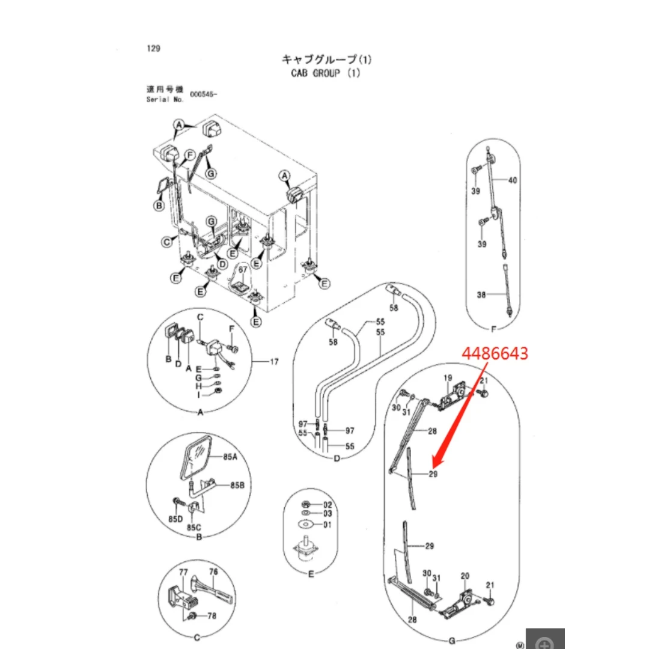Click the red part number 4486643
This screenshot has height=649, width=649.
(495, 353)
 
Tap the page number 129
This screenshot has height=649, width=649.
(153, 49)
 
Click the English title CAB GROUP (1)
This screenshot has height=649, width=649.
(326, 73)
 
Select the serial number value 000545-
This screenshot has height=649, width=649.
(203, 94)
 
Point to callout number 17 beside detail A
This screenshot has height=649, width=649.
(274, 362)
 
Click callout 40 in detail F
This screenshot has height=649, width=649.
(513, 180)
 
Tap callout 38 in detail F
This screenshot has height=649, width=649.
(481, 294)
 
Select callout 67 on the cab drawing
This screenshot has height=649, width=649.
(243, 269)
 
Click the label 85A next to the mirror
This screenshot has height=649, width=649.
(230, 457)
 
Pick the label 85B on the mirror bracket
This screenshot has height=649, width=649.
(237, 485)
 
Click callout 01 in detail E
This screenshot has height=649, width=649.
(328, 525)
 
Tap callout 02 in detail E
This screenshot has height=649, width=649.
(328, 505)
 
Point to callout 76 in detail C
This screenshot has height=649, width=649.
(213, 571)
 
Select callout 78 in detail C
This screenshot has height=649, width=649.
(212, 616)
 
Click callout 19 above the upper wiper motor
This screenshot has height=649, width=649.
(448, 378)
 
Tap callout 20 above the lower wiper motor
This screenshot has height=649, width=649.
(465, 576)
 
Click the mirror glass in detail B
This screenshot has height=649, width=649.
(195, 457)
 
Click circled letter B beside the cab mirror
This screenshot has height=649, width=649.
(159, 206)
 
